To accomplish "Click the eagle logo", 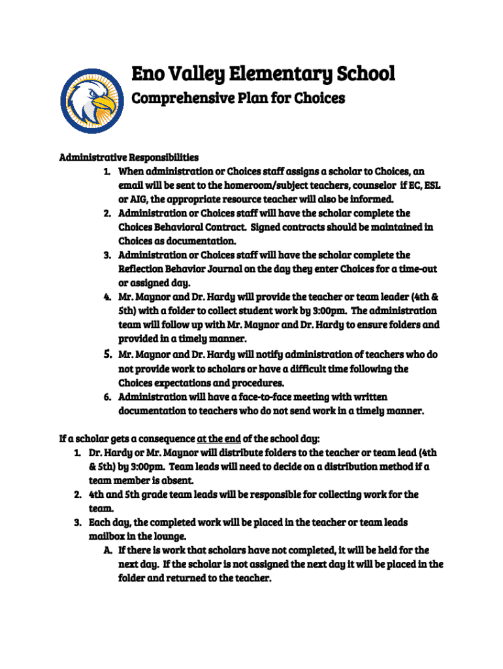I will tap(92, 101).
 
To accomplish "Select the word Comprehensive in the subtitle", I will tap(176, 99).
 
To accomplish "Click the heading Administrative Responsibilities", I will tap(129, 157).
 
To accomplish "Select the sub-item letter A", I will tap(107, 550).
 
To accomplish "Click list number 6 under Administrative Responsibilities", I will tap(107, 397).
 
